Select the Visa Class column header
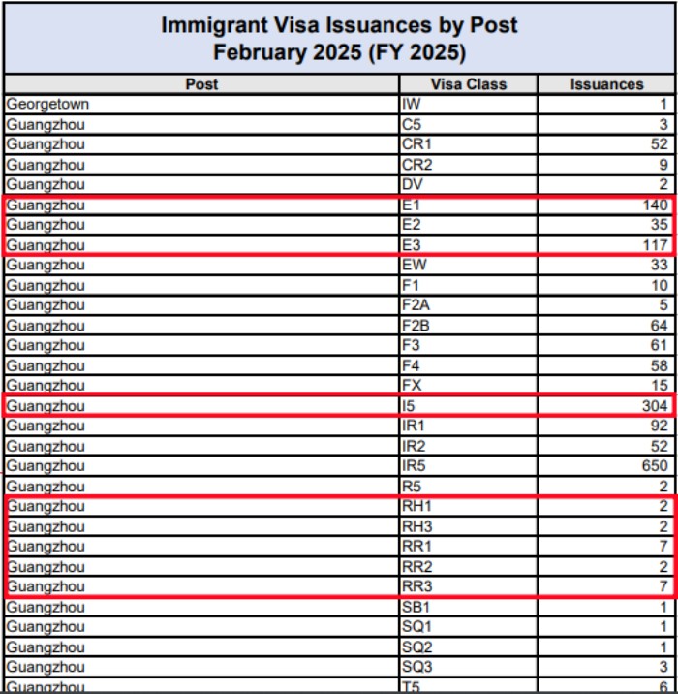[468, 84]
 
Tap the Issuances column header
[606, 84]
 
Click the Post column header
[201, 84]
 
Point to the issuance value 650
[654, 466]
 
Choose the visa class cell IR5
[413, 466]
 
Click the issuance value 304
[654, 406]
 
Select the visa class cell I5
[408, 406]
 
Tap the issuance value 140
[654, 205]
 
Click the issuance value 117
[654, 245]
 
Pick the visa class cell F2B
[415, 326]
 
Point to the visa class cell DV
[411, 184]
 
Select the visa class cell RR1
[416, 547]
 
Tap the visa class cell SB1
[415, 607]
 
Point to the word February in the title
[260, 51]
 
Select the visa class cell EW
[412, 266]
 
